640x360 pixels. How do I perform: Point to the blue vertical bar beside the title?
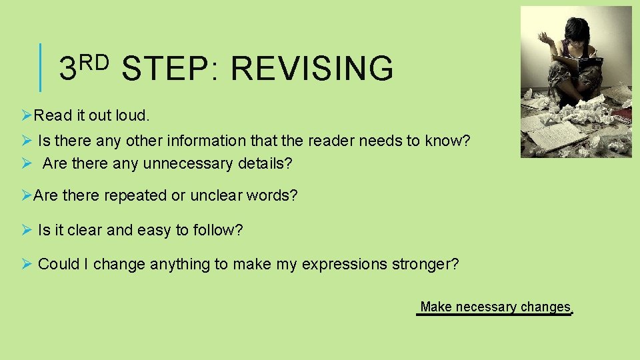click(x=40, y=67)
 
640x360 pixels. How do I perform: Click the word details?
click(x=264, y=163)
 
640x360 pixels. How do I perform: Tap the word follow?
click(x=218, y=231)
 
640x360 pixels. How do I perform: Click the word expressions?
click(x=339, y=265)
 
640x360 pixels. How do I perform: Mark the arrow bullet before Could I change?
click(x=27, y=264)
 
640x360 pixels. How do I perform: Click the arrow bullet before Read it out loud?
click(x=27, y=115)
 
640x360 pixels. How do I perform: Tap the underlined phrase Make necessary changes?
click(x=495, y=307)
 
